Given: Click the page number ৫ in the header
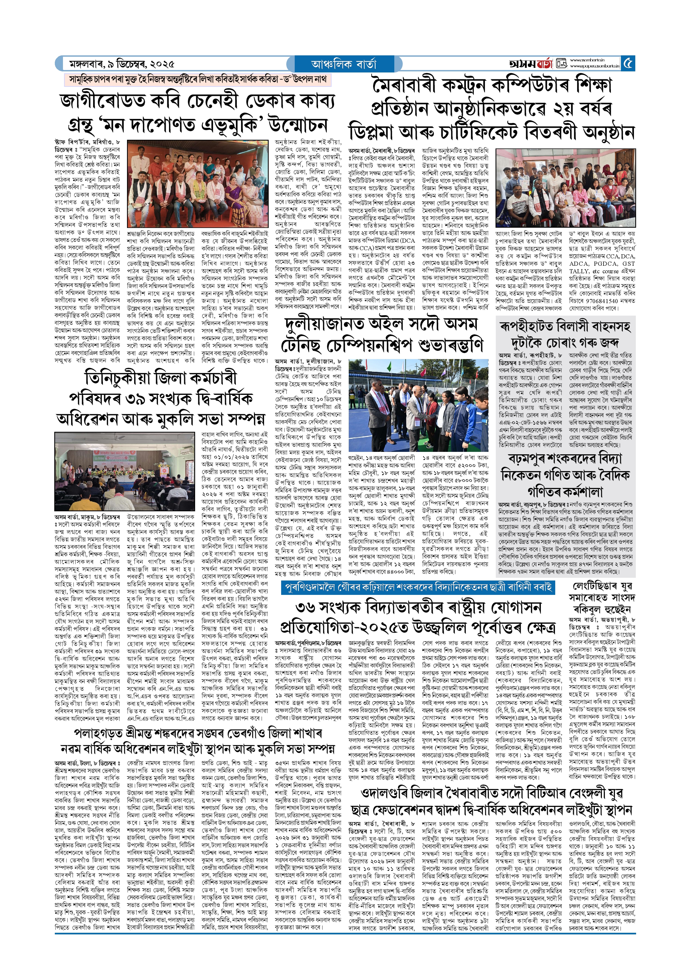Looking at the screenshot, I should [x=628, y=64].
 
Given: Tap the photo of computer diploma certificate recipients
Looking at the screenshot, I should [x=566, y=188].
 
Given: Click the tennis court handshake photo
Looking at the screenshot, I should [x=418, y=404].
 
